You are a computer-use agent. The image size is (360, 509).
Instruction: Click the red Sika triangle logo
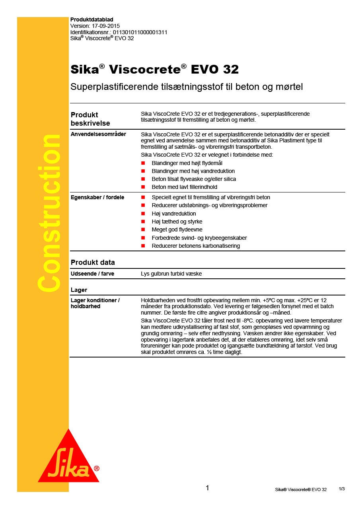[68, 460]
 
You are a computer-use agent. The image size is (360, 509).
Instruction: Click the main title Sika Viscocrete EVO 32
[154, 70]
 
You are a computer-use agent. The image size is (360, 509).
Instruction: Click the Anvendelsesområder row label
[98, 134]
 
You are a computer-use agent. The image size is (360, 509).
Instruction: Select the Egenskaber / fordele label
[97, 198]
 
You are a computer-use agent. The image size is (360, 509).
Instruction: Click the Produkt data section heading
[93, 262]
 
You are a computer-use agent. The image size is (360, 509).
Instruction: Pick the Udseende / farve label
[92, 274]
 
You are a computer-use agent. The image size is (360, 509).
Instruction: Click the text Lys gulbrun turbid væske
[174, 274]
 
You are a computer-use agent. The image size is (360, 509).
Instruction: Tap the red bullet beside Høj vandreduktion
[143, 214]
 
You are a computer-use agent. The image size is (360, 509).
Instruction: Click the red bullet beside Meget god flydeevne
[143, 230]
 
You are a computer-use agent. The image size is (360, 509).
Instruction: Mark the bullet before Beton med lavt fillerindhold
[143, 187]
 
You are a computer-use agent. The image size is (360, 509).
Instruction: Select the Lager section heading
[79, 290]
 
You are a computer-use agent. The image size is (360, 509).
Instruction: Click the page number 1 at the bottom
[207, 488]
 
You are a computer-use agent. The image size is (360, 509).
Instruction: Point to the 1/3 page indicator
[342, 489]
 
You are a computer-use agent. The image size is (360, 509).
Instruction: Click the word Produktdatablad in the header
[92, 19]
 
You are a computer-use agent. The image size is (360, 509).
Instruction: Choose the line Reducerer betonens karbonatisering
[196, 246]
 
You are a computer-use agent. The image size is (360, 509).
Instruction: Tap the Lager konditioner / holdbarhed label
[95, 303]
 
